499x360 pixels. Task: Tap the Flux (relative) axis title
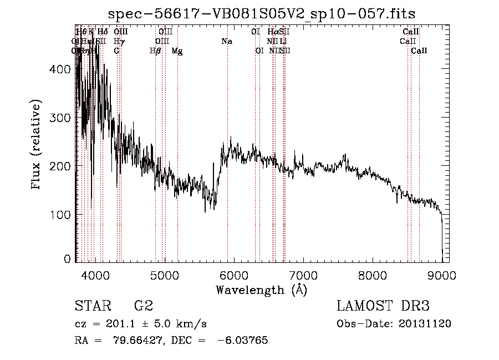(37, 145)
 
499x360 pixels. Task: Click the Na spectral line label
(226, 41)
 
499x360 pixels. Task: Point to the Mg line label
(177, 50)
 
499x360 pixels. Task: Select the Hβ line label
(155, 50)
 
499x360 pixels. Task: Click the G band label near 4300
(116, 50)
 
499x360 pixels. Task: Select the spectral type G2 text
(144, 306)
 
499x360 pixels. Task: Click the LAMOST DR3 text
(383, 306)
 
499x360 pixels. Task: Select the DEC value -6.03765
(245, 341)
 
